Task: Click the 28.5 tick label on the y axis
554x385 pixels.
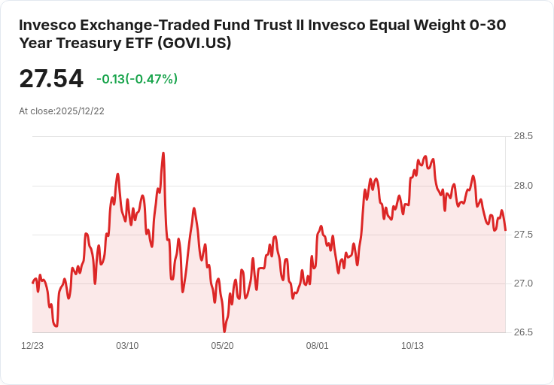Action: [x=523, y=136]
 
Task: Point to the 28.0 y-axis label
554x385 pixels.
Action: [x=523, y=186]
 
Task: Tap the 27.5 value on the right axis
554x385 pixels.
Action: [x=523, y=235]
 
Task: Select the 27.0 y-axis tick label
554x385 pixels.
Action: [x=523, y=283]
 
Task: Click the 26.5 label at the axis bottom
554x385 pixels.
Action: [x=523, y=332]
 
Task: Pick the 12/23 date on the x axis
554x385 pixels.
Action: [x=32, y=346]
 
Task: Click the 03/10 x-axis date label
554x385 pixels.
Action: [x=127, y=346]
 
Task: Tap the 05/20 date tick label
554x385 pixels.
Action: [x=222, y=346]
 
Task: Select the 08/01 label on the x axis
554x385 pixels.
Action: [x=317, y=346]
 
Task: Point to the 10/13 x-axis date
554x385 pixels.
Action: [x=412, y=346]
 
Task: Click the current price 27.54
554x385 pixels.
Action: [x=51, y=79]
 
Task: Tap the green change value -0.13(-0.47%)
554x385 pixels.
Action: [x=137, y=79]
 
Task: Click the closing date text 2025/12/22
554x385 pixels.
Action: [x=80, y=111]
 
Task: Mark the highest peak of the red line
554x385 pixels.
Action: [x=163, y=153]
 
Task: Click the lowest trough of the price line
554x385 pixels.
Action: [x=224, y=331]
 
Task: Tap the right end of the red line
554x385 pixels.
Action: [x=505, y=229]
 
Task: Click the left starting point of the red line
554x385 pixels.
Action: [x=32, y=283]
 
